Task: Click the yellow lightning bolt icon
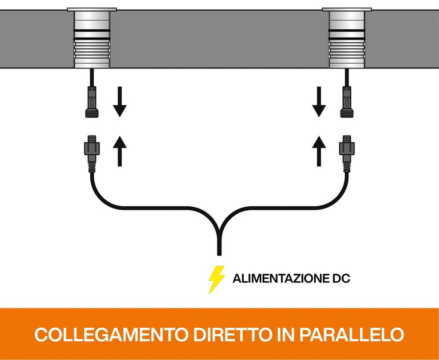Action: click(216, 279)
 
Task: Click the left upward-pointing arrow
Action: click(120, 150)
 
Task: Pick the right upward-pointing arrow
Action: click(318, 150)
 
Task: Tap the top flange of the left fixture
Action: click(92, 9)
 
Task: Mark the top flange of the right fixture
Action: click(346, 9)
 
